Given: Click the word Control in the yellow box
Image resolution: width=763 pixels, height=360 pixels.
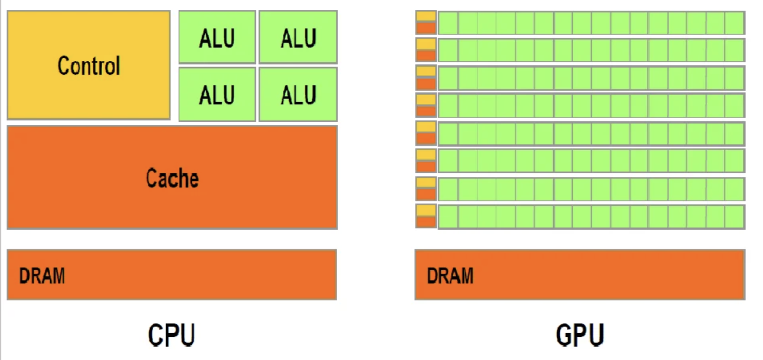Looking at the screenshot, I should click(x=89, y=66).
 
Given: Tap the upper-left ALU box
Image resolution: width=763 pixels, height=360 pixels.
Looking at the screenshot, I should click(x=217, y=38).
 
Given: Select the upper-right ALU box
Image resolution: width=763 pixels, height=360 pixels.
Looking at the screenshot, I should click(x=298, y=38).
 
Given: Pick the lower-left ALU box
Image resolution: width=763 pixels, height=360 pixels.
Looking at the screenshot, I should click(x=217, y=95).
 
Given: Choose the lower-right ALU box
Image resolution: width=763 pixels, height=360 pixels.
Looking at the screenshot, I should click(x=298, y=95).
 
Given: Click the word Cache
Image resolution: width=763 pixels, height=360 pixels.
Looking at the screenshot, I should click(x=172, y=178).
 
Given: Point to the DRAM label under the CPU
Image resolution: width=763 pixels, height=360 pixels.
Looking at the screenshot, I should click(x=42, y=276).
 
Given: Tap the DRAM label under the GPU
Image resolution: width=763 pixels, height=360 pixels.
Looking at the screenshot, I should click(x=450, y=276).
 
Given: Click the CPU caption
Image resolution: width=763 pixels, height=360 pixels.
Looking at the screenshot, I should click(x=172, y=335).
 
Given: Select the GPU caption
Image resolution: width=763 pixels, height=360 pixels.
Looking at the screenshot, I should click(x=580, y=335).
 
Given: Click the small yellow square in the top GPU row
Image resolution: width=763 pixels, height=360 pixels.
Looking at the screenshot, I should click(x=426, y=17).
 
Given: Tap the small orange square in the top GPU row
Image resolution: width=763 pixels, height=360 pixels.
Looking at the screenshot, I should click(x=426, y=28).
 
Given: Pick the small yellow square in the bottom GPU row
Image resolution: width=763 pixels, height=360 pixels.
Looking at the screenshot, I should click(x=426, y=210).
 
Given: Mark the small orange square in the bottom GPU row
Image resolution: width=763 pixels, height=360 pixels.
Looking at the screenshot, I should click(x=426, y=222).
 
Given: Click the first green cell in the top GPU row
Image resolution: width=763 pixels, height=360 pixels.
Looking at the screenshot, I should click(x=448, y=23).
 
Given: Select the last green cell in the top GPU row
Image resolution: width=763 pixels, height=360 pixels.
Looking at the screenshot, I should click(x=734, y=23).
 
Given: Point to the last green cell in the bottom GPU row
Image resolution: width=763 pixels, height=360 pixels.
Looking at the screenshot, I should click(x=734, y=217).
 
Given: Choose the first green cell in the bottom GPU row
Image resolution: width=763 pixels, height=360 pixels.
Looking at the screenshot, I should click(x=448, y=217).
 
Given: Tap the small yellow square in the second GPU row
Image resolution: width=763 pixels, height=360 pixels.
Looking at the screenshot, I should click(x=426, y=44).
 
